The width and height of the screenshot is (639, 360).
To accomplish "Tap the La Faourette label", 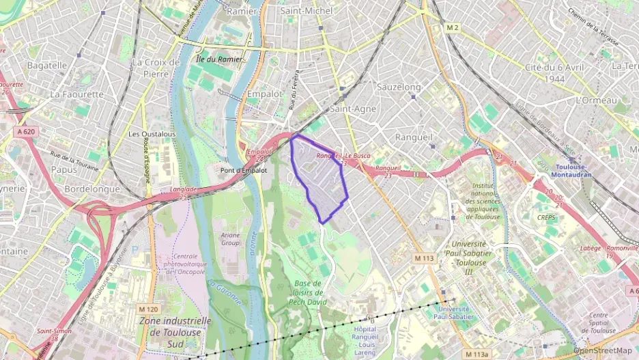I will pos(76,94).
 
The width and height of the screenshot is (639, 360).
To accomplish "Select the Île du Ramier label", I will pos(219,59).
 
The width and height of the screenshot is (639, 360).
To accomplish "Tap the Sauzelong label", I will pos(399,87).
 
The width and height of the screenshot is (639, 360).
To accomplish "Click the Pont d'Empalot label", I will pos(244,170).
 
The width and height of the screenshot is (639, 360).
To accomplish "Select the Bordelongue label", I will pos(91,189).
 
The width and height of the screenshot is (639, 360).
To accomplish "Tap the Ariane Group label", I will pos(229,238).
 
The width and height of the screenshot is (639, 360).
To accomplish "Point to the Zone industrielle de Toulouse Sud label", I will pos(174,331).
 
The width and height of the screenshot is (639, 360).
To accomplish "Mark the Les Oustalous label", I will pos(152,134).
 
